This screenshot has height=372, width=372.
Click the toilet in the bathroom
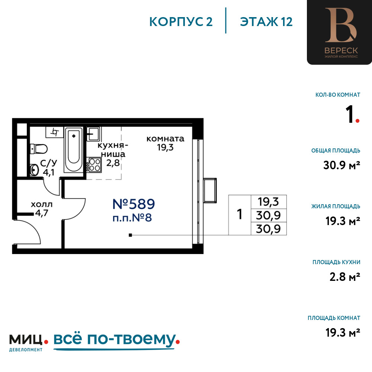[38, 149]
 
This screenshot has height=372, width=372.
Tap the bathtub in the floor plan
[74, 150]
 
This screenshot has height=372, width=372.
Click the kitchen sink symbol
[94, 134]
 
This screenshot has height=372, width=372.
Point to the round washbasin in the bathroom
[34, 170]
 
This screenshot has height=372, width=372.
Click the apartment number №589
[134, 204]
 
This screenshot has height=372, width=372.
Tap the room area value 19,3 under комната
[166, 148]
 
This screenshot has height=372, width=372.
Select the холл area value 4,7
[42, 213]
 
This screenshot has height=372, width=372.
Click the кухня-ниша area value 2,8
[113, 163]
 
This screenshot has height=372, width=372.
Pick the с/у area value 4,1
[48, 173]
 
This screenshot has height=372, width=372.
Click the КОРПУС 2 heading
[181, 22]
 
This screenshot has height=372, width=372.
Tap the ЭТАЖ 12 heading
[266, 22]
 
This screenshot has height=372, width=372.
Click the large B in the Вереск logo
[341, 25]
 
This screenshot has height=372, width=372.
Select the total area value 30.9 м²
[341, 165]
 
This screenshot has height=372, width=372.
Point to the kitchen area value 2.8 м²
[345, 277]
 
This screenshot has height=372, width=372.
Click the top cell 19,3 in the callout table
[269, 202]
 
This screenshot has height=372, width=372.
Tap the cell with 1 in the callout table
[240, 215]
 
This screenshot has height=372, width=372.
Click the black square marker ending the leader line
[130, 235]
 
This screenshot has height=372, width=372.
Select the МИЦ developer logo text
[26, 340]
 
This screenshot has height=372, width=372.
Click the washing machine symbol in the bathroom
[55, 132]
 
